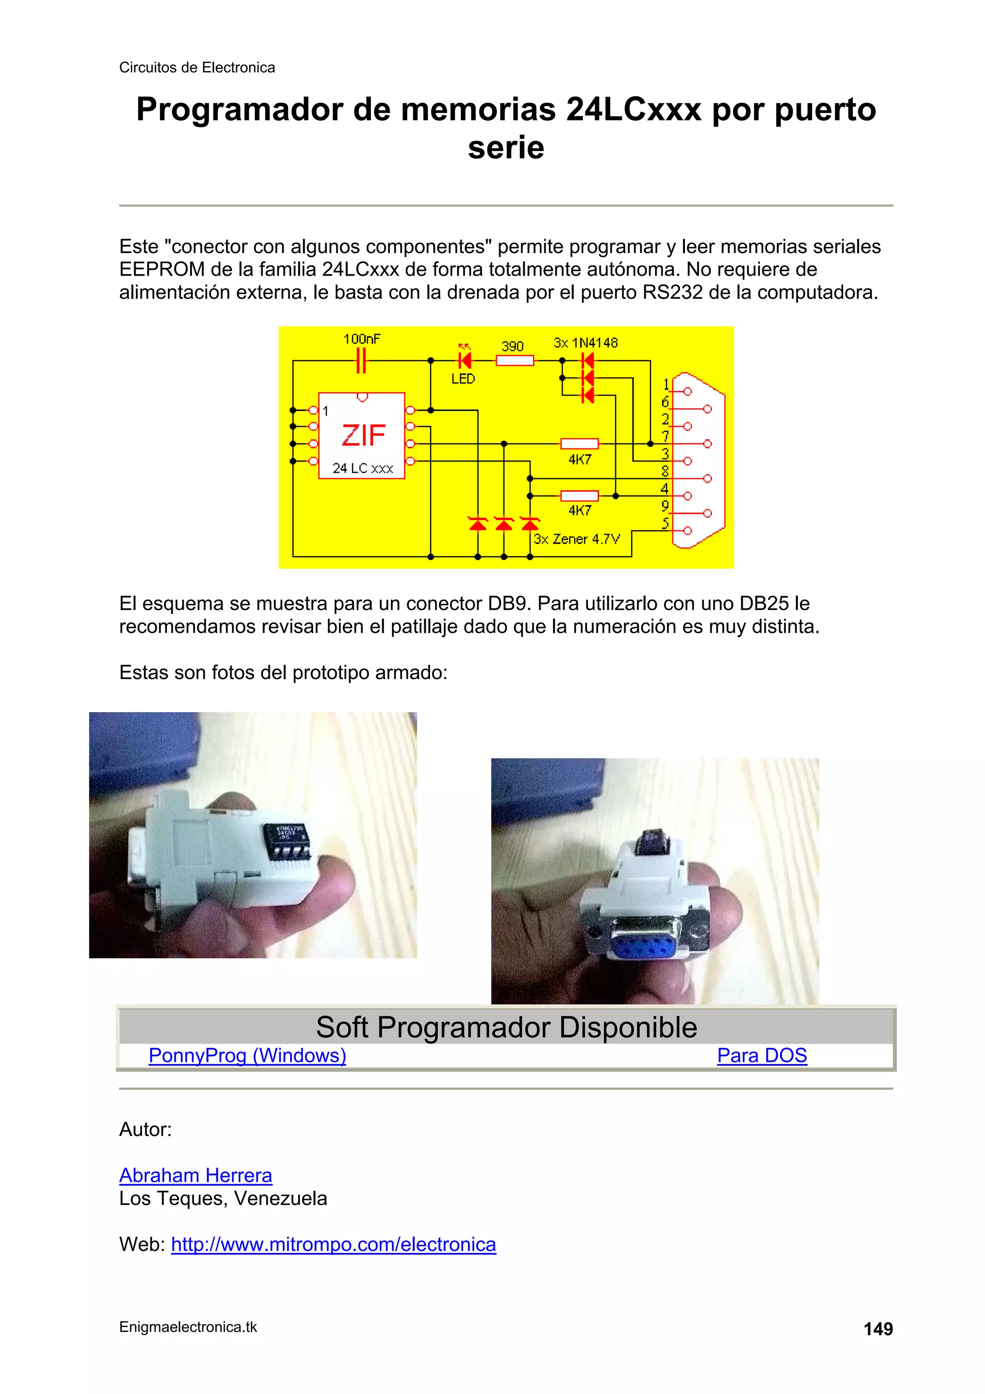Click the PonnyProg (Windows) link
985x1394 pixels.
[247, 1055]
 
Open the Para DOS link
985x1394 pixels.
[762, 1055]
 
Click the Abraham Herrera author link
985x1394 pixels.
[195, 1176]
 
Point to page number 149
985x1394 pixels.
[878, 1329]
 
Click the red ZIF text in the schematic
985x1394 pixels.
[363, 435]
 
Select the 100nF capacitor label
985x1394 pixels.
[362, 339]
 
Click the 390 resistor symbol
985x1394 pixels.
[515, 360]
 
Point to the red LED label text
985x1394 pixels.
[463, 379]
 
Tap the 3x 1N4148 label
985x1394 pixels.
[585, 343]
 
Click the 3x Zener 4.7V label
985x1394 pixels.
[577, 539]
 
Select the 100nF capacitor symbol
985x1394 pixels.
[361, 360]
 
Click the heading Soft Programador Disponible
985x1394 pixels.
[506, 1027]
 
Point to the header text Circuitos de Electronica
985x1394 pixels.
[197, 67]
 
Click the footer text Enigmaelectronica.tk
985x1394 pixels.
[188, 1327]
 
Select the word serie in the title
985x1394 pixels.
[505, 148]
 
